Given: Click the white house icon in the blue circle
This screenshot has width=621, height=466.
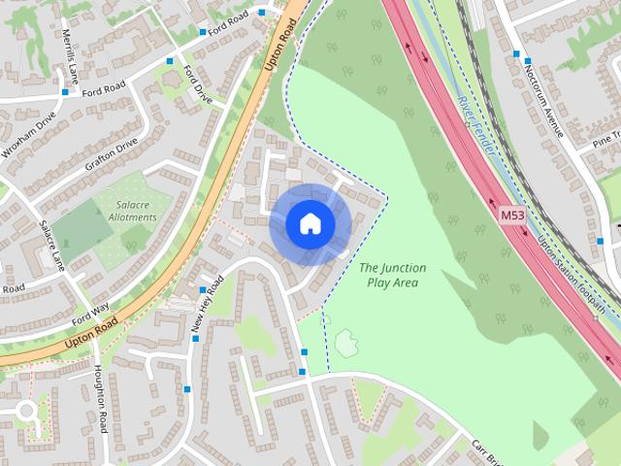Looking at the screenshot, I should [x=310, y=224].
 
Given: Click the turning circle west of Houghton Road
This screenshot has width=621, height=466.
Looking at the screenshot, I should [x=23, y=411].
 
